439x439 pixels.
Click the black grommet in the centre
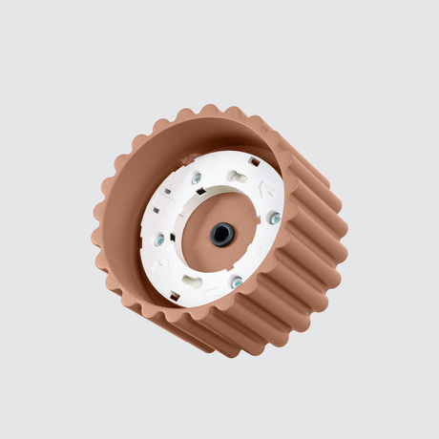[222, 234]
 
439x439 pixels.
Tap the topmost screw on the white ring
[197, 178]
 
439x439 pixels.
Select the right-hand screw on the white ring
[275, 219]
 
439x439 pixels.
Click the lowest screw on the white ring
[236, 282]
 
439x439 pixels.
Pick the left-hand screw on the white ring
[159, 240]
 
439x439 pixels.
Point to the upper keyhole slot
[237, 178]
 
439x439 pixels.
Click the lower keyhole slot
[193, 282]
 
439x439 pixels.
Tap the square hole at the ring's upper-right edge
[254, 162]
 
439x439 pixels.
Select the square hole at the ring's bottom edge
[175, 297]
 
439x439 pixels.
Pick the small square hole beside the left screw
[155, 212]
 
